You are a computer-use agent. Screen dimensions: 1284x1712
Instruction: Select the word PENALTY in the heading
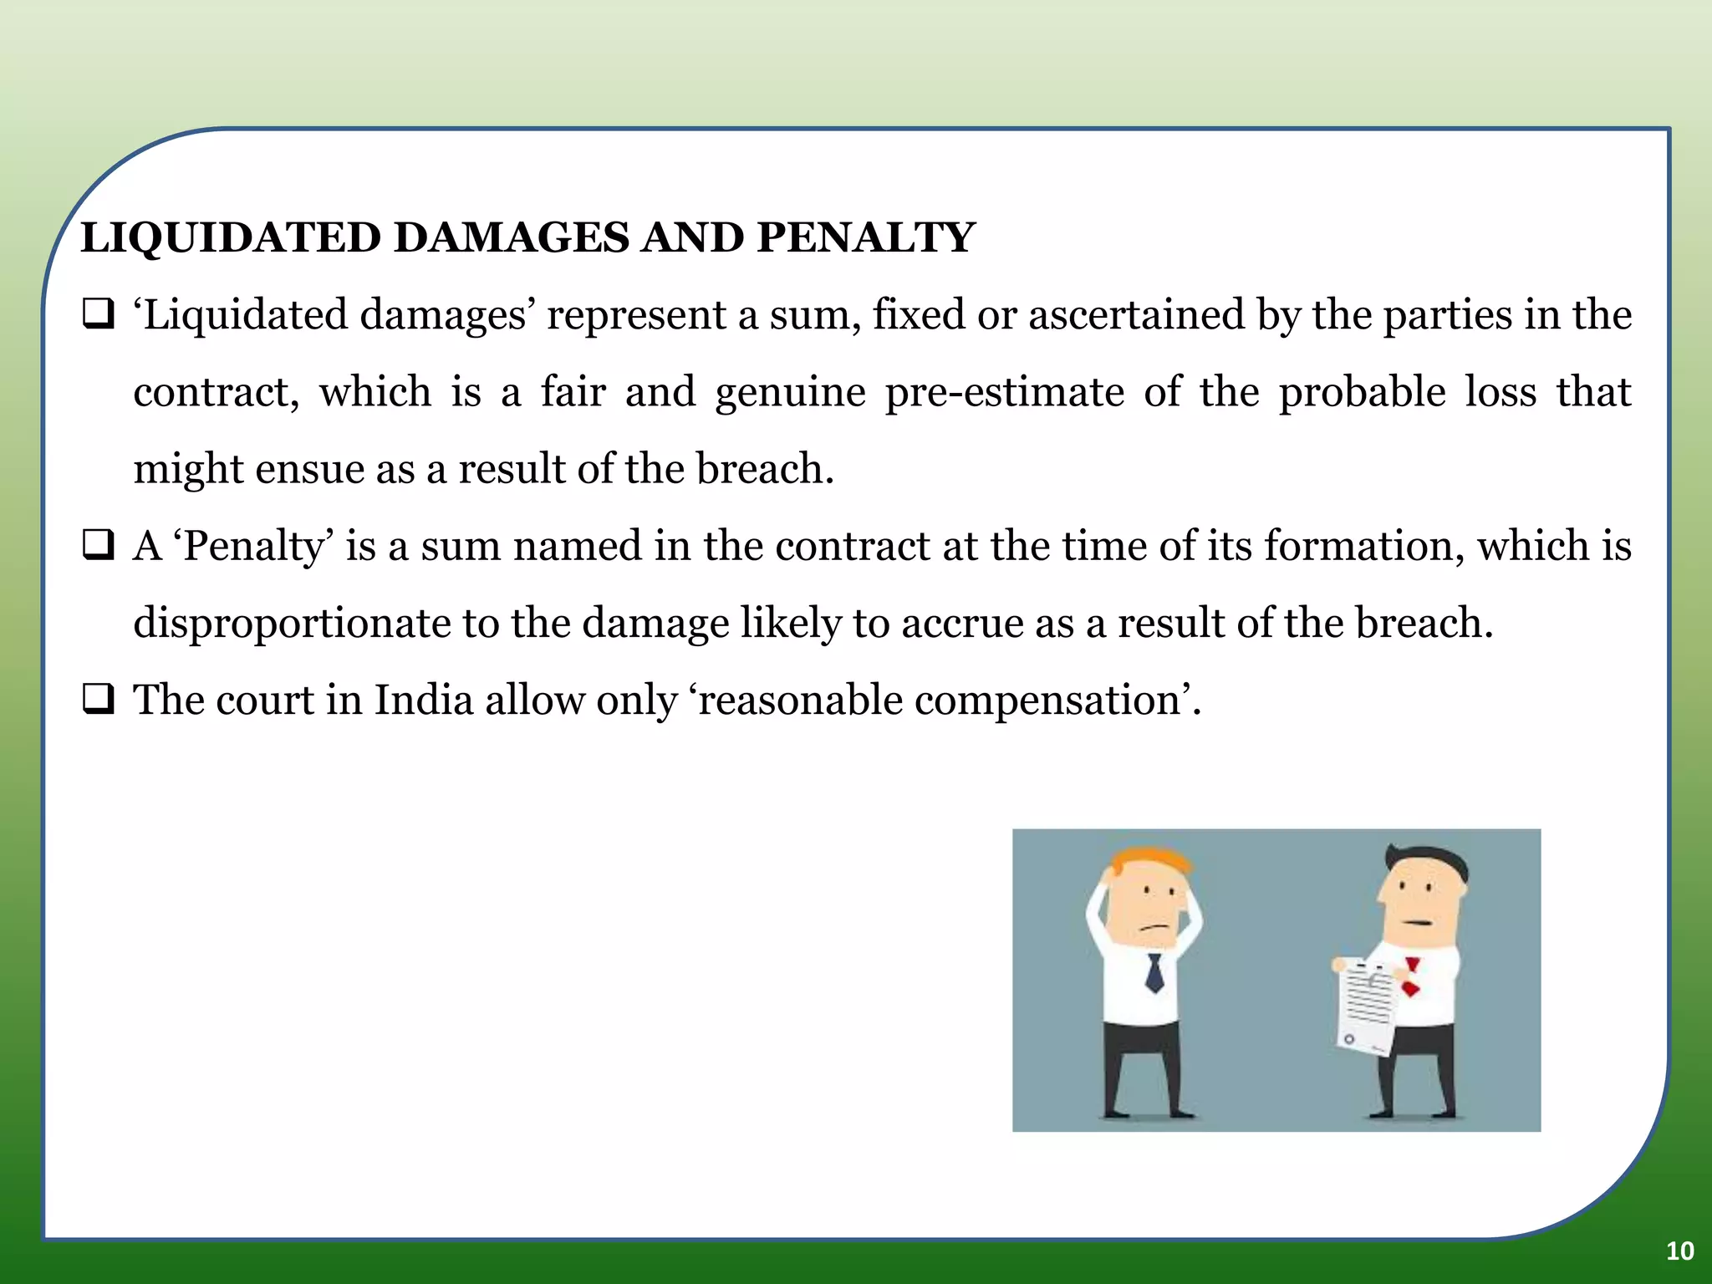click(866, 237)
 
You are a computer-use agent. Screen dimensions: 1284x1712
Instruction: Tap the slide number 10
click(1679, 1251)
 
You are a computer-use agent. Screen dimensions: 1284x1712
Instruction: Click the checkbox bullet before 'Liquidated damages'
click(98, 315)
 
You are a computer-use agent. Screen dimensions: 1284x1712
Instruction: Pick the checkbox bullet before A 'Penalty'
click(98, 546)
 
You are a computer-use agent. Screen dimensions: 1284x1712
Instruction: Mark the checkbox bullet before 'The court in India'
click(98, 700)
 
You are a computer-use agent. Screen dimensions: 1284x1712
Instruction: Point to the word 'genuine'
click(790, 393)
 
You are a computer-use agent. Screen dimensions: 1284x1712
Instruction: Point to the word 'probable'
click(1362, 393)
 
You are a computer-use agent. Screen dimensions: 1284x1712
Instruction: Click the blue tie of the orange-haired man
click(1154, 973)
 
